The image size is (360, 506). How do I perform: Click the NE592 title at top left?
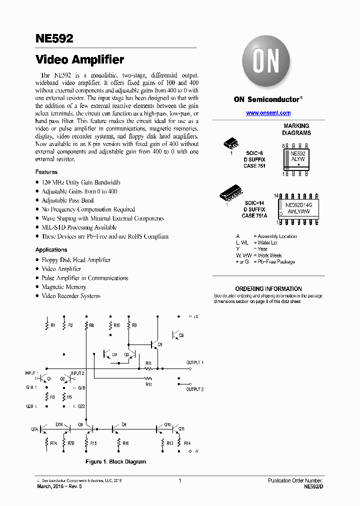(54, 38)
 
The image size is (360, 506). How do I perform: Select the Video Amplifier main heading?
(79, 60)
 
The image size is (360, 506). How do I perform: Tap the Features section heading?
(46, 172)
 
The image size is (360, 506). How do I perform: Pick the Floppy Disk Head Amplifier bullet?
(75, 260)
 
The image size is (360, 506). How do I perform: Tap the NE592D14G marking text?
(298, 205)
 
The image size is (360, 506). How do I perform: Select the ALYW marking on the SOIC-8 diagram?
(298, 159)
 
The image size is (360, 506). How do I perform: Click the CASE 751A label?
(254, 215)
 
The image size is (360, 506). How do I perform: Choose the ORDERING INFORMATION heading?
(268, 288)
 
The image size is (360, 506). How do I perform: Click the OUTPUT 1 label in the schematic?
(195, 362)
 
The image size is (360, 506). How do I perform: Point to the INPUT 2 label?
(77, 373)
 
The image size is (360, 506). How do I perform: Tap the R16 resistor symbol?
(119, 443)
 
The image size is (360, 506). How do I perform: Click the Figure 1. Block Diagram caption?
(116, 461)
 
